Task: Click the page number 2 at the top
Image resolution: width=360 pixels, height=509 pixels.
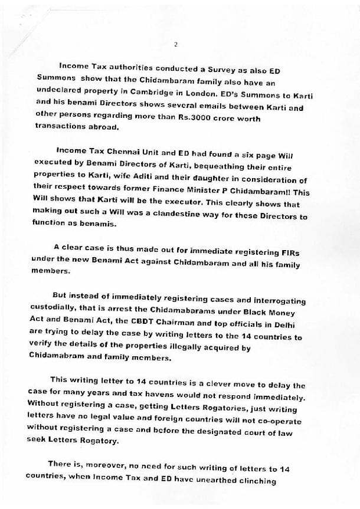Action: pyautogui.click(x=176, y=44)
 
